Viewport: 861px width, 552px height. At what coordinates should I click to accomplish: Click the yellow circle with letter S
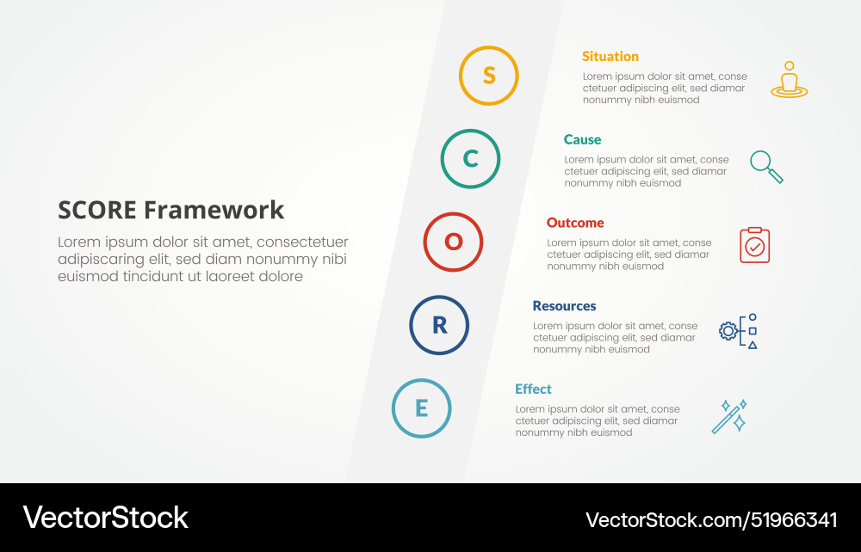[x=489, y=76]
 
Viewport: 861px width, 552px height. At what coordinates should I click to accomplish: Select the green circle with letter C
[x=471, y=159]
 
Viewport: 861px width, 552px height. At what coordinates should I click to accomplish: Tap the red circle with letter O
[x=453, y=242]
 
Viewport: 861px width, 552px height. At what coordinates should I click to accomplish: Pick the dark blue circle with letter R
[x=439, y=325]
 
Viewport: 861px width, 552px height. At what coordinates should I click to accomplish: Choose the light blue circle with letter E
[x=421, y=408]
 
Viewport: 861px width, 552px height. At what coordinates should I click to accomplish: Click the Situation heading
[x=610, y=57]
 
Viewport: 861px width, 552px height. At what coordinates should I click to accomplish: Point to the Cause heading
[x=583, y=140]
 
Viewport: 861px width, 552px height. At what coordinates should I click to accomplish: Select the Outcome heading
[x=575, y=223]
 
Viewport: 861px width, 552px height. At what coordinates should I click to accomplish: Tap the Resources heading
[x=564, y=306]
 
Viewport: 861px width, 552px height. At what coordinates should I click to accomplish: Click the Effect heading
[x=533, y=389]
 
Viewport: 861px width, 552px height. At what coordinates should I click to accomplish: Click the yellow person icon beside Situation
[x=789, y=79]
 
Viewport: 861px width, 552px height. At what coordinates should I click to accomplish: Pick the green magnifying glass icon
[x=766, y=166]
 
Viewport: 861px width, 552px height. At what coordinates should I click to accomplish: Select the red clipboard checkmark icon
[x=755, y=246]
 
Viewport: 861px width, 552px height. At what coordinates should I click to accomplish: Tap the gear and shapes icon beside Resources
[x=739, y=331]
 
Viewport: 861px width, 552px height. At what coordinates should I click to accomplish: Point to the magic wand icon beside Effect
[x=729, y=417]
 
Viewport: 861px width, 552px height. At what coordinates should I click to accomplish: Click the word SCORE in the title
[x=97, y=210]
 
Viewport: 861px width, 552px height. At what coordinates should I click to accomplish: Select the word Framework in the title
[x=214, y=210]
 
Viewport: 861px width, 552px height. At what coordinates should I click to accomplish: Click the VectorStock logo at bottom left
[x=105, y=518]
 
